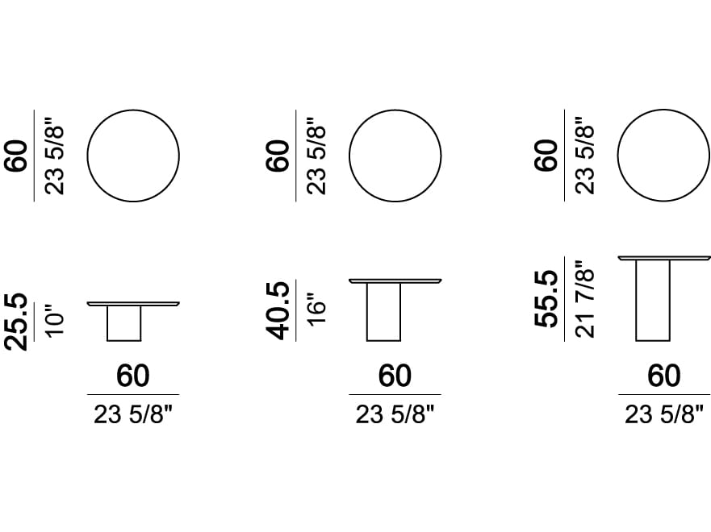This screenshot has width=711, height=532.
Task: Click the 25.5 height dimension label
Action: coord(16,322)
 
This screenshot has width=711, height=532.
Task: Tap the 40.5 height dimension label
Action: coord(278,310)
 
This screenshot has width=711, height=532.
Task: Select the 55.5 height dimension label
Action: coord(546,298)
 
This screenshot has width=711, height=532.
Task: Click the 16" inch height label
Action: coord(316,310)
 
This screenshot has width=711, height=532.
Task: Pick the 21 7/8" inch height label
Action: coord(584,299)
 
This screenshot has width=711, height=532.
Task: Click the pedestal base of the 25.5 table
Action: coord(123,323)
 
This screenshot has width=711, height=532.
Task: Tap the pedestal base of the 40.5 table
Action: coord(383,312)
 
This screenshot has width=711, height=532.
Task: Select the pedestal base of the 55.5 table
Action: coord(653,300)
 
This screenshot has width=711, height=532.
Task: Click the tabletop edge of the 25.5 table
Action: coord(133,304)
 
